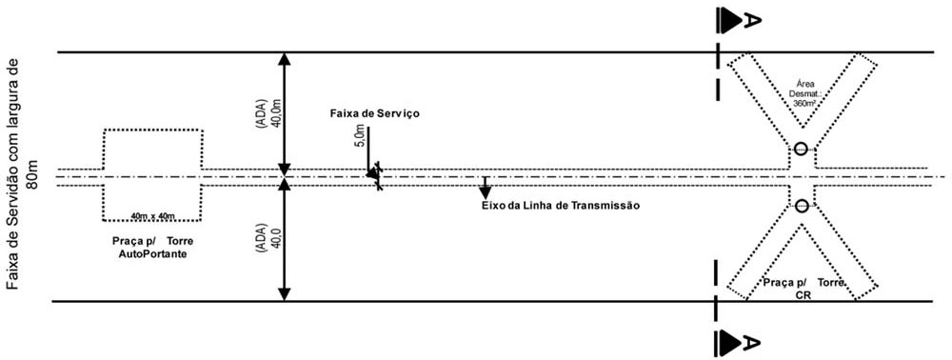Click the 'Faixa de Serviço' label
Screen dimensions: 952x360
point(374,113)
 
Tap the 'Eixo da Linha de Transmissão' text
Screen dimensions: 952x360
point(561,206)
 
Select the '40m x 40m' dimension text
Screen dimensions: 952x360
point(153,216)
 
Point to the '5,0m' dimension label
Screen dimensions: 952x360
point(360,135)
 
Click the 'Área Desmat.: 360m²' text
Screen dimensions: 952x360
point(803,93)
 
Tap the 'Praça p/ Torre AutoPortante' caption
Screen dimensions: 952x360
point(153,247)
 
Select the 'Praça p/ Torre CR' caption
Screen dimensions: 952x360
point(803,289)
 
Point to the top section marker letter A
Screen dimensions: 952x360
point(752,21)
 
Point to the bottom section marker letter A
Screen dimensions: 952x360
point(752,343)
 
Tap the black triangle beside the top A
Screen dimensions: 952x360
point(730,21)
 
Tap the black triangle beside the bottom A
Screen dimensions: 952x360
point(730,343)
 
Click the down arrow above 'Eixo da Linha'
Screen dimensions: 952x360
point(485,188)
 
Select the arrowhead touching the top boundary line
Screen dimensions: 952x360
point(284,59)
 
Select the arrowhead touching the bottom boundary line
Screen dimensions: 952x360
point(284,294)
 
